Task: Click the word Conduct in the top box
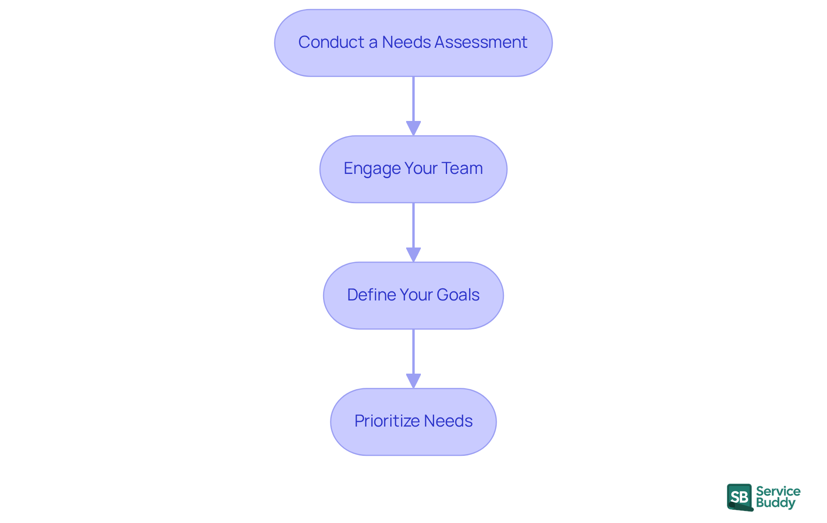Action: (331, 42)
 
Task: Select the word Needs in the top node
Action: (406, 42)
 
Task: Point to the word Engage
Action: (372, 169)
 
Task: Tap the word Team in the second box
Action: (462, 169)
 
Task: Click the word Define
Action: (371, 295)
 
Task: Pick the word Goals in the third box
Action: (458, 295)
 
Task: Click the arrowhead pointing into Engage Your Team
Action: (413, 128)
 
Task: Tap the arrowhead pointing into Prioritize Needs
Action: (413, 381)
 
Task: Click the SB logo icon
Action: (740, 497)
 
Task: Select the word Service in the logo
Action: (778, 491)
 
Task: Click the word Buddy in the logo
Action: (775, 503)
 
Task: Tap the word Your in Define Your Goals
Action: (416, 295)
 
